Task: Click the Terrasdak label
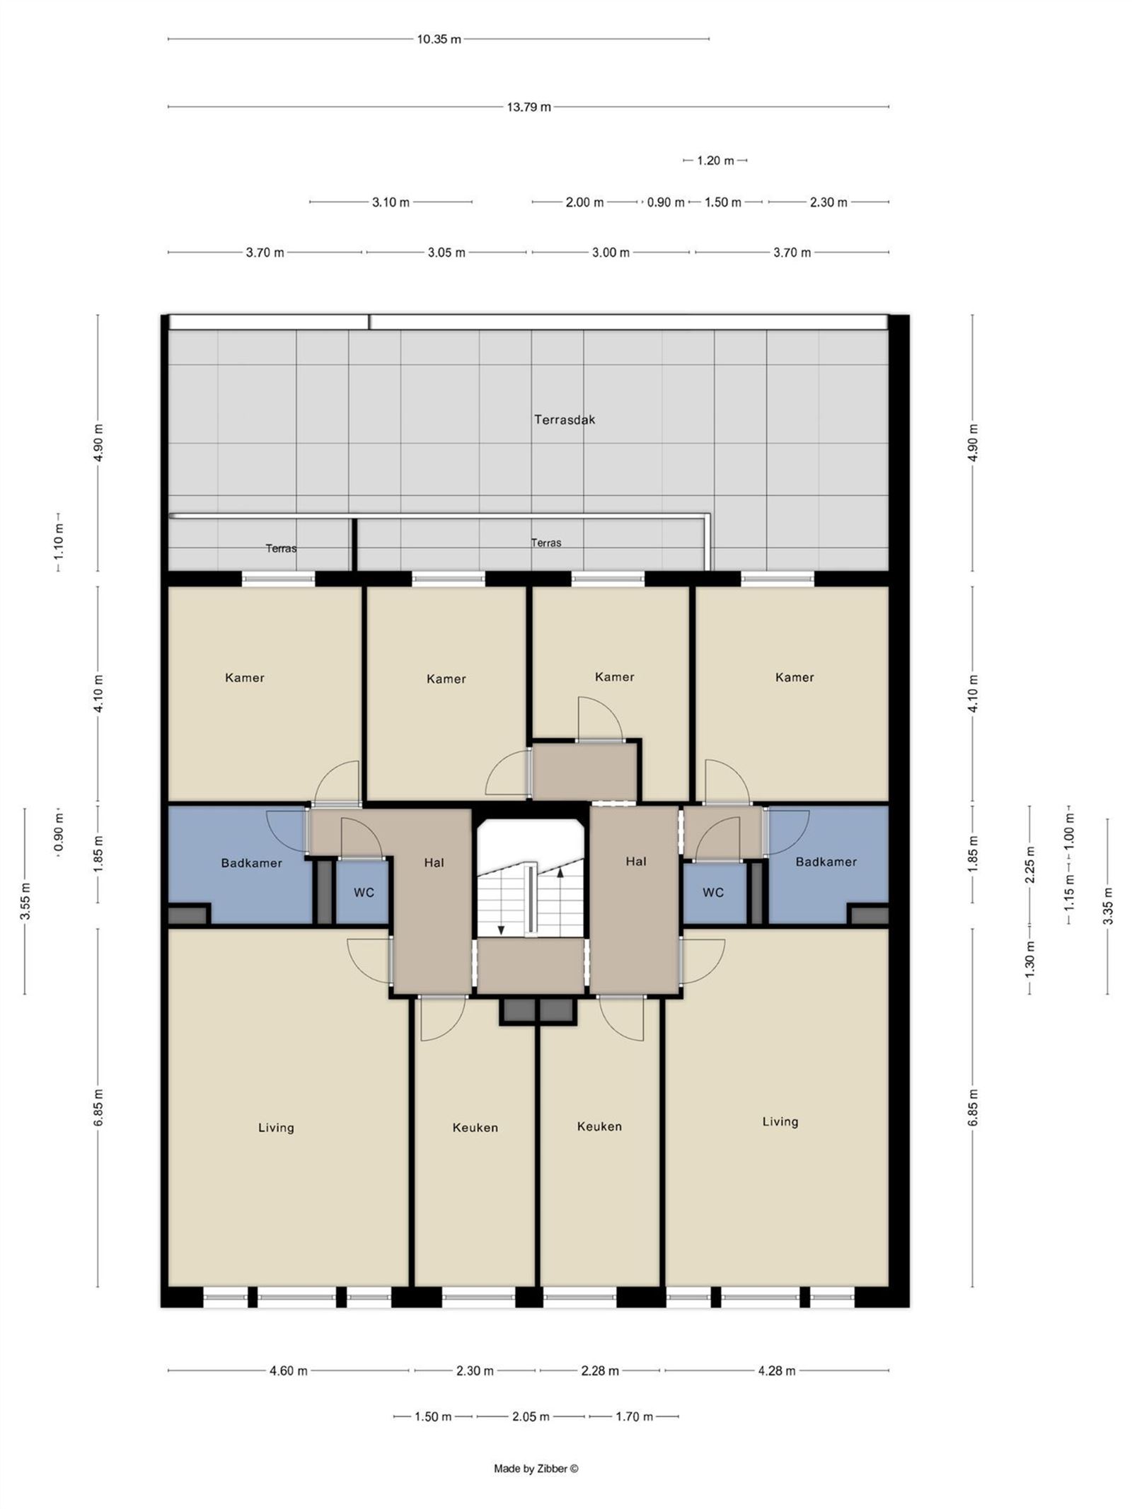tap(565, 420)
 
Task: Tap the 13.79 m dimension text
tap(529, 108)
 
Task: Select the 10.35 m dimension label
tap(439, 40)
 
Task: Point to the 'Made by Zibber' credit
tap(536, 1468)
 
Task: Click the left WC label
tap(364, 893)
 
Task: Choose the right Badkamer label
tap(826, 862)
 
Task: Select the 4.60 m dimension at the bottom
tap(289, 1370)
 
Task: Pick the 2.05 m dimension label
tap(531, 1416)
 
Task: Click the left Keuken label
tap(475, 1128)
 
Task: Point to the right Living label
tap(780, 1121)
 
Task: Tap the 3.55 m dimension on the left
tap(25, 902)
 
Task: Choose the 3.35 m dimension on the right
tap(1108, 906)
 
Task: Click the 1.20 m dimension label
tap(715, 161)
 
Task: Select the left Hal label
tap(434, 862)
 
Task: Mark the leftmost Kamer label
tap(245, 678)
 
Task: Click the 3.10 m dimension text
tap(391, 202)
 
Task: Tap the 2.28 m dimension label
tap(600, 1370)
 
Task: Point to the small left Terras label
tap(281, 548)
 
